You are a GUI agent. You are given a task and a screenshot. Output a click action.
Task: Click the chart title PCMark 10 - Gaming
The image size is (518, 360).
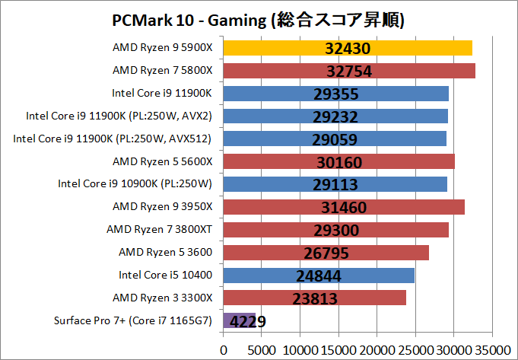click(x=259, y=19)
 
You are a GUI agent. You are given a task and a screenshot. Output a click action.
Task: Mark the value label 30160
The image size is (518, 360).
click(x=339, y=162)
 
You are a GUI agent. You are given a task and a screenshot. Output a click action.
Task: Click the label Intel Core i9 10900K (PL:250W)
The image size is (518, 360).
click(x=135, y=184)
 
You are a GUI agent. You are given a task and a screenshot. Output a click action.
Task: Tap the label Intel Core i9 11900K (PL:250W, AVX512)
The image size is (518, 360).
click(x=113, y=139)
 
